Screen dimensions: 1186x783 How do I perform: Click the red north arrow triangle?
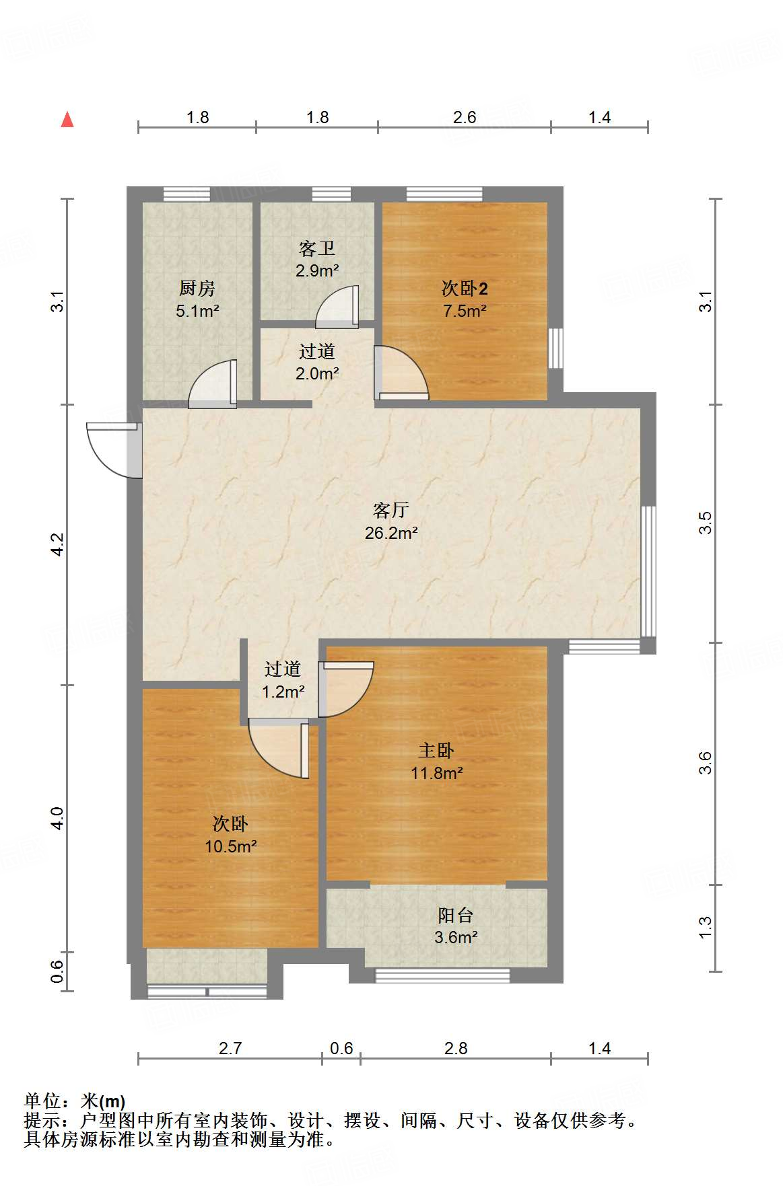coord(67,120)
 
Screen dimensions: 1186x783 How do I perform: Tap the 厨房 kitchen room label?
coord(197,289)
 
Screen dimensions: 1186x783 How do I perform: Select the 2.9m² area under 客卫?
coord(316,271)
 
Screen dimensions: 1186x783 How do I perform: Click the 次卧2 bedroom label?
coord(464,289)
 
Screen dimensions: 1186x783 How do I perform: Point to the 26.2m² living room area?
coord(391,533)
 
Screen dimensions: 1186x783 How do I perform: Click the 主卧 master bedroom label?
coord(436,750)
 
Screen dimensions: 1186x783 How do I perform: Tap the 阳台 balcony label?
coord(456,915)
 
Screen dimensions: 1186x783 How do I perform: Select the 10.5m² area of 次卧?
coord(230,846)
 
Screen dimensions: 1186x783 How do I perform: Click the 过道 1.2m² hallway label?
coord(283,669)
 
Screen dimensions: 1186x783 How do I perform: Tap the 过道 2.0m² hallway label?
coord(316,351)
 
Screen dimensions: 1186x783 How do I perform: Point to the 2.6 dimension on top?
coord(464,118)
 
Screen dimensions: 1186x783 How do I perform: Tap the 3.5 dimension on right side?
coord(704,523)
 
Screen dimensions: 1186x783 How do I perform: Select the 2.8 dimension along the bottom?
coord(456,1048)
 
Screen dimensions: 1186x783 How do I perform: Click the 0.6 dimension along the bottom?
coord(341,1048)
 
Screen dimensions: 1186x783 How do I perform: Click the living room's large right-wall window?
coord(648,571)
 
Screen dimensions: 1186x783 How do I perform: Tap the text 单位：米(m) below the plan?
coord(75,1101)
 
